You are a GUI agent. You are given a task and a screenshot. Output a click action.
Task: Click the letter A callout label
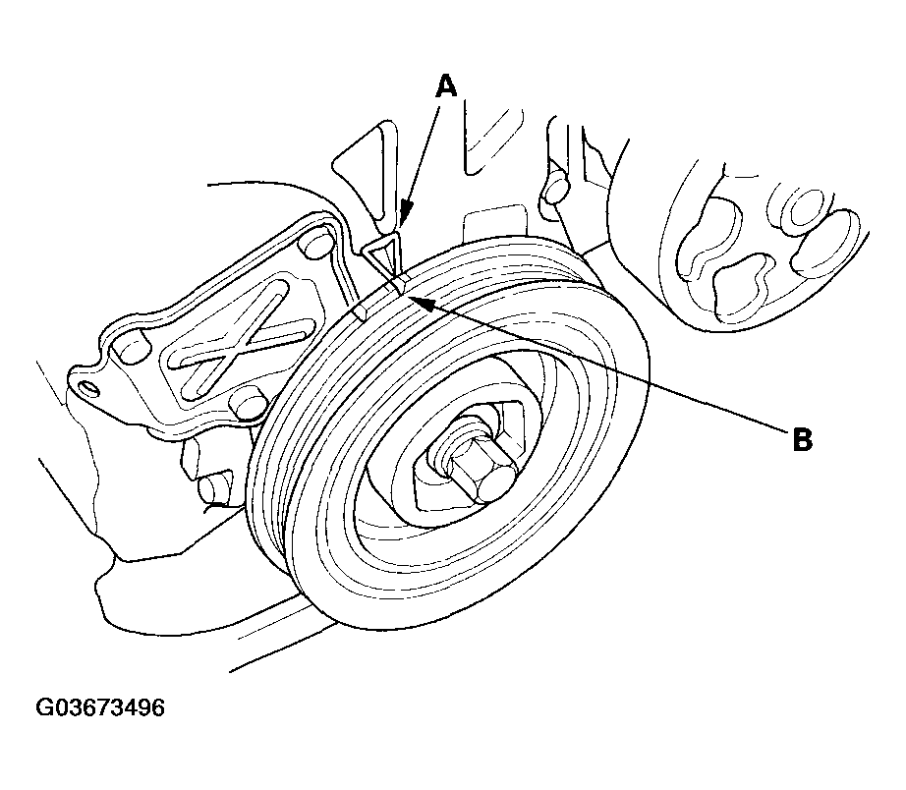446,86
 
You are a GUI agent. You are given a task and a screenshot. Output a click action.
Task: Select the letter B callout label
802,439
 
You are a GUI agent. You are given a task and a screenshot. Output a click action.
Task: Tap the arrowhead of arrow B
414,297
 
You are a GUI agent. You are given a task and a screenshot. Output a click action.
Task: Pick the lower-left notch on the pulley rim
361,312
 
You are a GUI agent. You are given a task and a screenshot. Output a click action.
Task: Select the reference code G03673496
100,707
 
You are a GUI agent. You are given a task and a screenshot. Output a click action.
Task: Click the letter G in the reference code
45,707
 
